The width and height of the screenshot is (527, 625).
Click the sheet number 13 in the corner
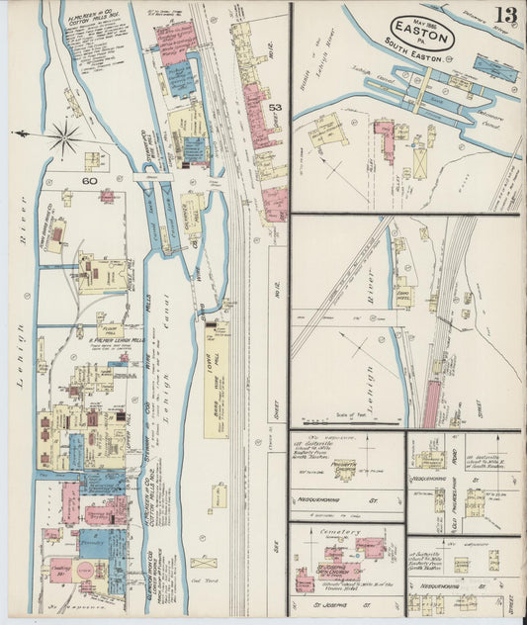click(504, 16)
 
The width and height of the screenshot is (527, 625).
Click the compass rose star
click(64, 135)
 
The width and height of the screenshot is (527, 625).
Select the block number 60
click(89, 181)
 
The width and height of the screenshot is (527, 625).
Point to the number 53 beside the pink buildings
click(275, 107)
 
